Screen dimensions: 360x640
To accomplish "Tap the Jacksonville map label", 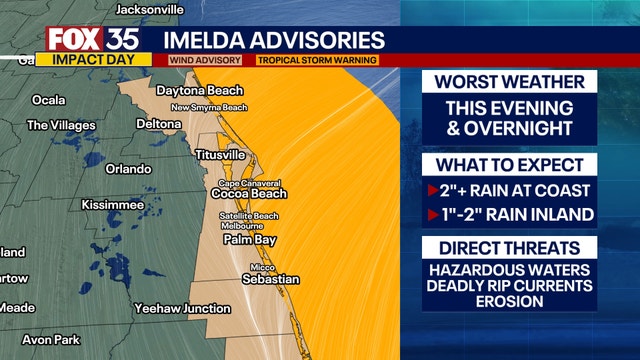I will tap(150, 9).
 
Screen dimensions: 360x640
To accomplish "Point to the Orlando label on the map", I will tap(128, 169).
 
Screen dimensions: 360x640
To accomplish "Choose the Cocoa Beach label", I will tap(254, 194).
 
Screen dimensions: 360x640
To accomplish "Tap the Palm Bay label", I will tap(249, 241).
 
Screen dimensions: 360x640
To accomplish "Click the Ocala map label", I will tap(48, 100).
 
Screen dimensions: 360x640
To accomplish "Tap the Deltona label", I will tap(158, 125).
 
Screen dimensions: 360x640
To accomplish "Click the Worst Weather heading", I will tap(510, 82).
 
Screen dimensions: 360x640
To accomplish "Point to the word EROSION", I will tap(510, 302).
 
